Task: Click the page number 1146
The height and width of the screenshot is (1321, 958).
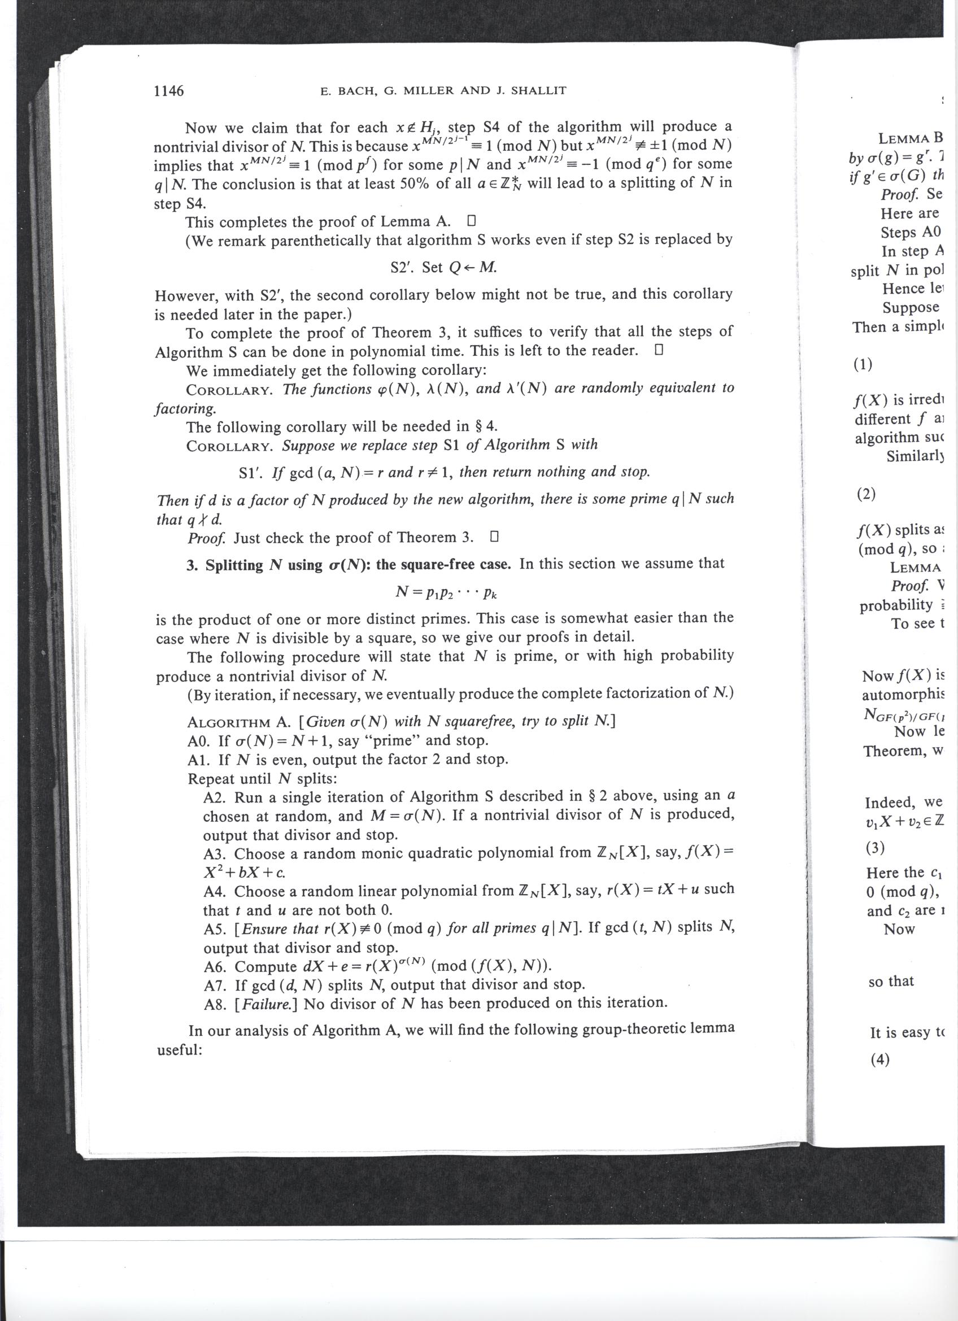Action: pos(168,91)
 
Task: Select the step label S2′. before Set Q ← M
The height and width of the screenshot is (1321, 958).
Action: pos(402,267)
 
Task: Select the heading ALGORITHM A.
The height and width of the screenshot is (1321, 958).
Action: pos(239,723)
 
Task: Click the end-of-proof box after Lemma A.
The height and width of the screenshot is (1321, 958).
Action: pos(472,221)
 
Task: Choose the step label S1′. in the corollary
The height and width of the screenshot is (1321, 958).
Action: pos(251,473)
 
